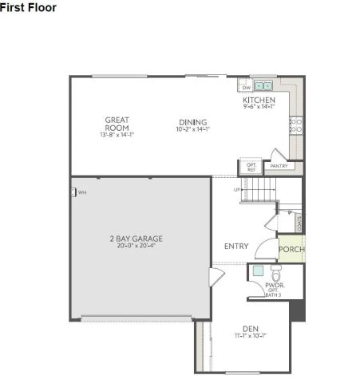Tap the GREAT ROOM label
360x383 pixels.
[x=117, y=124]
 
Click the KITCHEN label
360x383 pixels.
[x=259, y=100]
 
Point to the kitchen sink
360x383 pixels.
[x=264, y=85]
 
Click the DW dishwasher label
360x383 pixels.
[x=247, y=87]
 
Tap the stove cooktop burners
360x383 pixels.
[x=295, y=124]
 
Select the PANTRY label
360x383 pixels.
[x=279, y=166]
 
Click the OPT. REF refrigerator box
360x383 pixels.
[x=250, y=168]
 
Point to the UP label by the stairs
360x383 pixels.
[x=237, y=190]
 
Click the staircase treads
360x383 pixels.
[x=259, y=191]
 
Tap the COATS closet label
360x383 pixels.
[x=299, y=223]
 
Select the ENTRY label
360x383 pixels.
[x=236, y=246]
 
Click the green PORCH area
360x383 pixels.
[x=291, y=249]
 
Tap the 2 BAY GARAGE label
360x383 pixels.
[x=140, y=237]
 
